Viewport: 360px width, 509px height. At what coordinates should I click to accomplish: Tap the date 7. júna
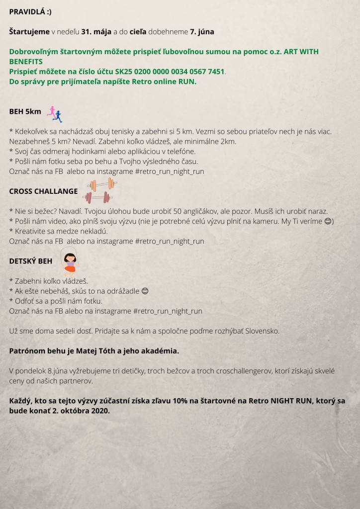pos(201,32)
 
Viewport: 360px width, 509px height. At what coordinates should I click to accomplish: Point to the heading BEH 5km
pos(25,112)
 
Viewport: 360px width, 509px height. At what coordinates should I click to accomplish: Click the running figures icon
pos(54,115)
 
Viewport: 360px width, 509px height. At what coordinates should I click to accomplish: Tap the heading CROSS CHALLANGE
pos(44,191)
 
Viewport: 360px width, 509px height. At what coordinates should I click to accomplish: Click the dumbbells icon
pos(98,191)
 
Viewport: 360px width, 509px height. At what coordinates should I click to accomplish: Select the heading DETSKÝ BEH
pos(31,260)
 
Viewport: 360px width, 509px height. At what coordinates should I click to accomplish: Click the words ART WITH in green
pos(304,52)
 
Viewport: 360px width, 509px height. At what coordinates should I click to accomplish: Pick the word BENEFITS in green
pos(26,62)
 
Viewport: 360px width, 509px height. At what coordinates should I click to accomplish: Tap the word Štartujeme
pos(29,32)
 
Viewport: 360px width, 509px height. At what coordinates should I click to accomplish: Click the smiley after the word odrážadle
pos(145,291)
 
